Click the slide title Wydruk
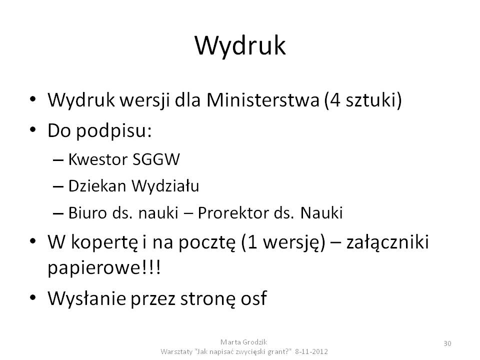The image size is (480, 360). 240,46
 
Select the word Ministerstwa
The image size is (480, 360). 263,100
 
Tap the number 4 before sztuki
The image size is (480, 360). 335,100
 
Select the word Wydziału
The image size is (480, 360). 165,186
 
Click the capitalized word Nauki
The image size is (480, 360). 321,213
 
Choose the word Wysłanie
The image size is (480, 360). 86,298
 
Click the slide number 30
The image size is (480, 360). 447,343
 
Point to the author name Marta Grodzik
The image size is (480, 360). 243,342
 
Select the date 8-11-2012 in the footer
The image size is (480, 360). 311,351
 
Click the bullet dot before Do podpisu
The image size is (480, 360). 33,130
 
